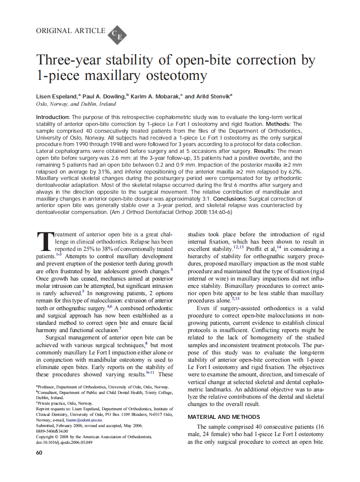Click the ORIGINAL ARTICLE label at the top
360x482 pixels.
point(70,31)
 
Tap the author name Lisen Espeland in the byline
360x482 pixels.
point(56,96)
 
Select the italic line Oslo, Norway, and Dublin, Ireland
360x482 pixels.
point(76,104)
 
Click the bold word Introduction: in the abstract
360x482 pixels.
point(52,117)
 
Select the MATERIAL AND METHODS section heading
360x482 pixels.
point(223,417)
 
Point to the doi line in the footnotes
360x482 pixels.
point(64,442)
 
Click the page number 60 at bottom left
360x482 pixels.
point(39,453)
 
